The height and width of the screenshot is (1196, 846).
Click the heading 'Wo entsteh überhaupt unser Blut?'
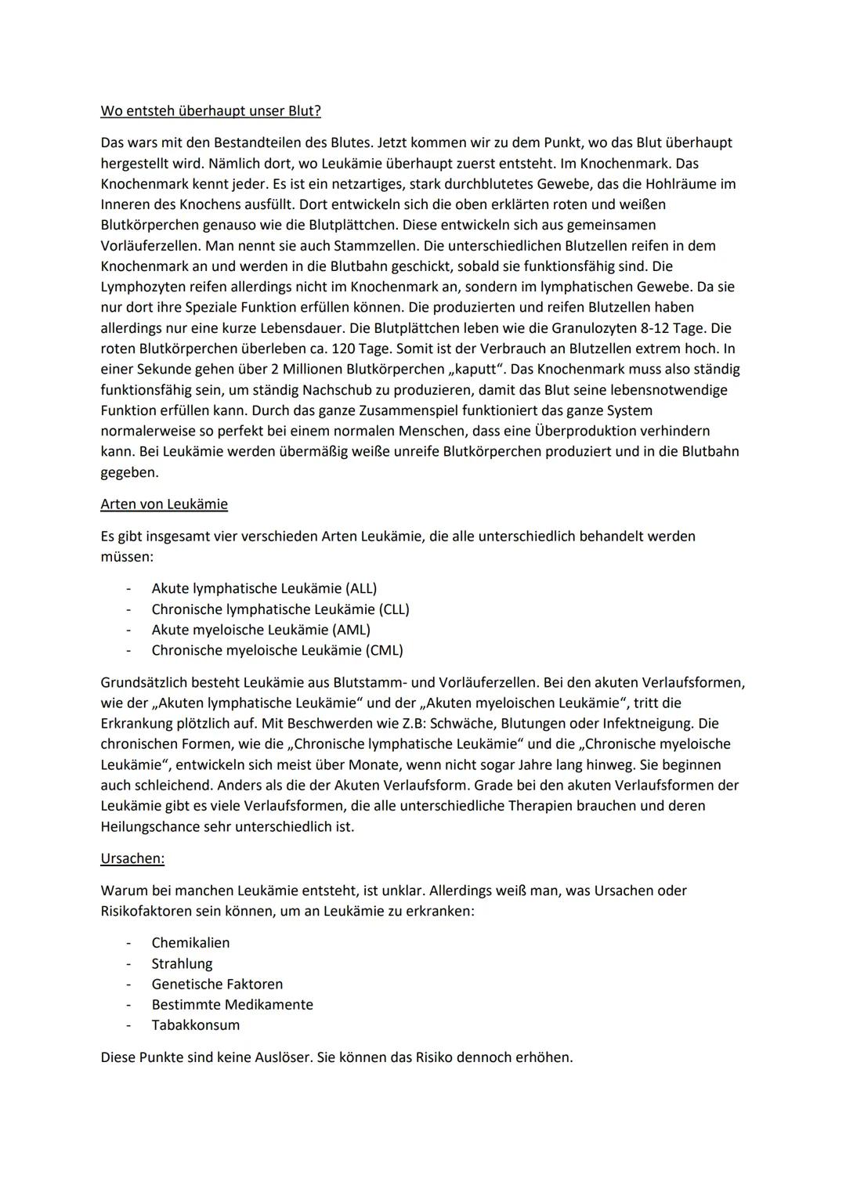pyautogui.click(x=211, y=111)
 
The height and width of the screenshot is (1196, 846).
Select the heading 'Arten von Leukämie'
pyautogui.click(x=164, y=504)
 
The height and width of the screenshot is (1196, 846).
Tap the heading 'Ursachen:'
pyautogui.click(x=132, y=858)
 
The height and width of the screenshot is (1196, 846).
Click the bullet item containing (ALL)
pyautogui.click(x=264, y=588)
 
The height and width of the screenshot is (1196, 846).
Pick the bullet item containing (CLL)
pyautogui.click(x=280, y=609)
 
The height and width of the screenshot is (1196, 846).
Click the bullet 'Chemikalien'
pyautogui.click(x=190, y=943)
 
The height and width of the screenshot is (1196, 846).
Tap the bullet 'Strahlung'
pyautogui.click(x=182, y=963)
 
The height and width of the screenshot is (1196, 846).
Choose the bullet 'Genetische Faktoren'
pyautogui.click(x=217, y=984)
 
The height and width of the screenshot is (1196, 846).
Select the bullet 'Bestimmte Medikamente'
pyautogui.click(x=232, y=1005)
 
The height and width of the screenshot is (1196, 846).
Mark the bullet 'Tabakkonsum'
pyautogui.click(x=196, y=1025)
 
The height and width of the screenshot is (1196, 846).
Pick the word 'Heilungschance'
pyautogui.click(x=150, y=826)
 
